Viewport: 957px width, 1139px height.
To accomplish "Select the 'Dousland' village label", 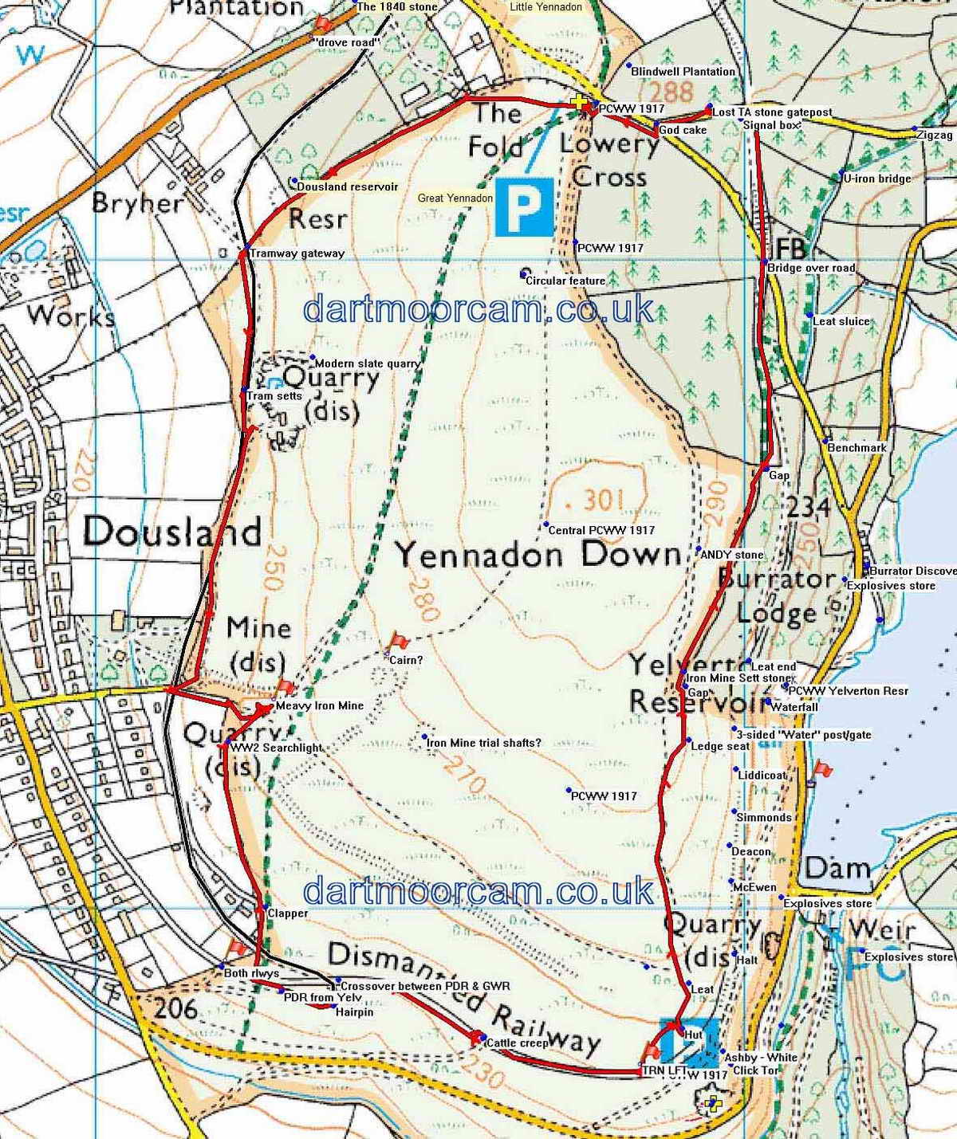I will tap(171, 532).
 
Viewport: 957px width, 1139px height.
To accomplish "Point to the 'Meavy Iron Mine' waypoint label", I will tap(319, 705).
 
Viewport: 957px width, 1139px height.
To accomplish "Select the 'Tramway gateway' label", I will tap(297, 253).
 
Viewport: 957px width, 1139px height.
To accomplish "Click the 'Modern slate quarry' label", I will tap(368, 363).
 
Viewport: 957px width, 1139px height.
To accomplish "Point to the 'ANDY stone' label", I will tap(732, 555).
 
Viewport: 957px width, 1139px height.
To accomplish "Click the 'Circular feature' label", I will tap(565, 281).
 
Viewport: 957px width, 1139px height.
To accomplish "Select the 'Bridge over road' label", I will tap(810, 269).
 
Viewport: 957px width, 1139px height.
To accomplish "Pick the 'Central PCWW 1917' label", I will tap(601, 530).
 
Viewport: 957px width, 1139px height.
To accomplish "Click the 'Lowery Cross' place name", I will tap(609, 160).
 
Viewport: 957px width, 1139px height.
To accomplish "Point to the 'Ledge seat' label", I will tap(720, 747).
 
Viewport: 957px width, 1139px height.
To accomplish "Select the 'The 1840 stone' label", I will tap(397, 7).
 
